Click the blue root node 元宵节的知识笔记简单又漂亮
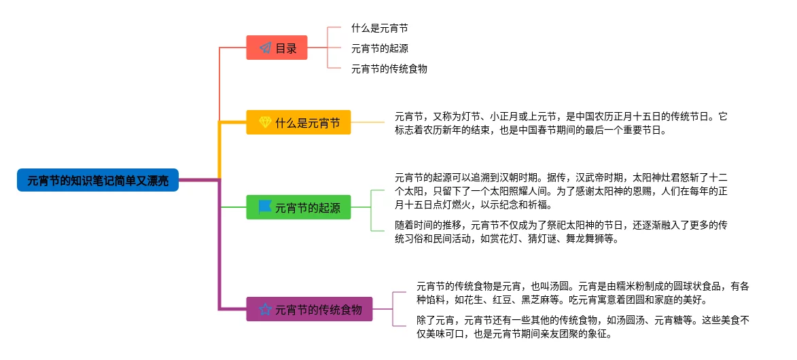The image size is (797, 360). (98, 180)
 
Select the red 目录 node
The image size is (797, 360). (277, 48)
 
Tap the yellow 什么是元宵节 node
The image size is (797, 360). (298, 123)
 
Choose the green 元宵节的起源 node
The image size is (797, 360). (298, 207)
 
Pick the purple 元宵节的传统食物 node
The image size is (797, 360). (309, 310)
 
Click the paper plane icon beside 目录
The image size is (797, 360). (264, 49)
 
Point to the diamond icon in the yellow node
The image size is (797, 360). (265, 123)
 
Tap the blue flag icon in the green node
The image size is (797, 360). (265, 206)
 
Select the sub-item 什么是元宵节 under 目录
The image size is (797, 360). (379, 29)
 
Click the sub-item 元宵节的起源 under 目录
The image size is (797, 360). (379, 48)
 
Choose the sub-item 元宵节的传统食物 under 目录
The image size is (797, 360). (389, 69)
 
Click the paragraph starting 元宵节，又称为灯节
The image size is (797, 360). (561, 123)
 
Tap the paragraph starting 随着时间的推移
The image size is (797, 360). (561, 232)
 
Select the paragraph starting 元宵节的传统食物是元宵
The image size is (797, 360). (582, 293)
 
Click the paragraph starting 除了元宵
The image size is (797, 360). (582, 327)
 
